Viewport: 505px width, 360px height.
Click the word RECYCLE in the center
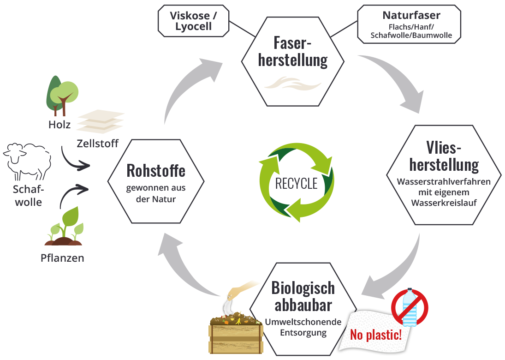click(x=296, y=183)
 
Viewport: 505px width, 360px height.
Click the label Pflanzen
click(x=62, y=258)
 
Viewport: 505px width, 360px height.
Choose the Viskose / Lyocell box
click(x=193, y=21)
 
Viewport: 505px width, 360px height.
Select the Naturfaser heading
click(x=409, y=16)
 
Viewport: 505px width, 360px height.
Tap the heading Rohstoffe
click(x=156, y=171)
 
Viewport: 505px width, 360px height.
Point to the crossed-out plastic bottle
click(x=410, y=306)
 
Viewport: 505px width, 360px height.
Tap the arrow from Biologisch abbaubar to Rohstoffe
click(x=184, y=268)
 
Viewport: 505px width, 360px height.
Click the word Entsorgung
click(x=302, y=332)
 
